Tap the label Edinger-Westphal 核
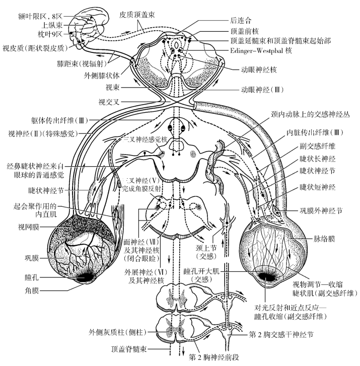tap(261, 50)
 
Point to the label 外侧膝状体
tap(103, 76)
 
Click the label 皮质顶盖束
tap(137, 15)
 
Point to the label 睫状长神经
tap(317, 160)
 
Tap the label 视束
tap(112, 87)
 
